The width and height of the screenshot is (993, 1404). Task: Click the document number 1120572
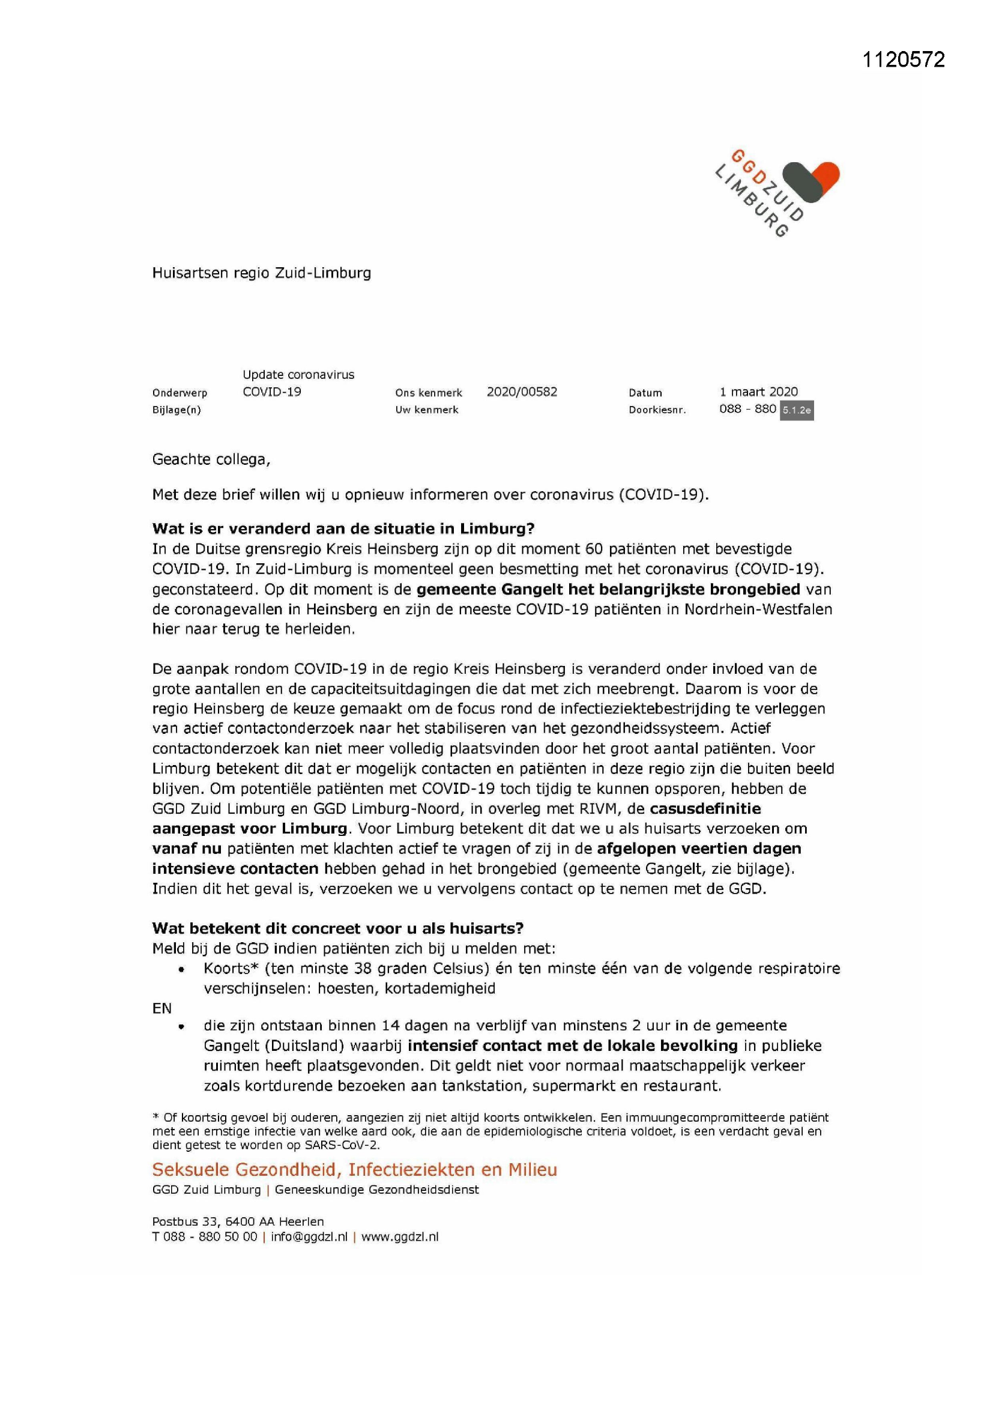click(903, 59)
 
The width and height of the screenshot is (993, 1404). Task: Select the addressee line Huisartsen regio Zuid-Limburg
click(261, 273)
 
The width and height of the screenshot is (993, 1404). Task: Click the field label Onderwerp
click(179, 393)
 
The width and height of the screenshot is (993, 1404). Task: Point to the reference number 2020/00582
click(522, 392)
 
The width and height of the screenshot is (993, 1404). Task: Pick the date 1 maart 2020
click(758, 392)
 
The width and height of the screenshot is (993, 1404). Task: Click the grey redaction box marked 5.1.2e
click(796, 410)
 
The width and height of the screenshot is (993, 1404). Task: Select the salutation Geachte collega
click(211, 459)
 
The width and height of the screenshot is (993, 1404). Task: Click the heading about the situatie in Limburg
click(343, 529)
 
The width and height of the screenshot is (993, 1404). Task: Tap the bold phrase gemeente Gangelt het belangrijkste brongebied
click(608, 590)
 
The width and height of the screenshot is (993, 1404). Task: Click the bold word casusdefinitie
click(705, 808)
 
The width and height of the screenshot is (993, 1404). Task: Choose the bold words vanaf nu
click(187, 849)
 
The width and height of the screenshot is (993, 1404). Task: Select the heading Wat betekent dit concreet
click(337, 928)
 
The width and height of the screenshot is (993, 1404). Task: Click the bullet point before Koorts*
click(181, 970)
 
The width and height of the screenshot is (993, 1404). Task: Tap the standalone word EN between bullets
click(162, 1008)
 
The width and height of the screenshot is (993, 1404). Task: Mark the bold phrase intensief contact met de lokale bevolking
click(572, 1045)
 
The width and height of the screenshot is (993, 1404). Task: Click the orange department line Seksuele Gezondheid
click(354, 1170)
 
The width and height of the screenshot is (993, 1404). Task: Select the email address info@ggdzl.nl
click(309, 1236)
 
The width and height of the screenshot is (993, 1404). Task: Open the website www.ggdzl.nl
click(400, 1236)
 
